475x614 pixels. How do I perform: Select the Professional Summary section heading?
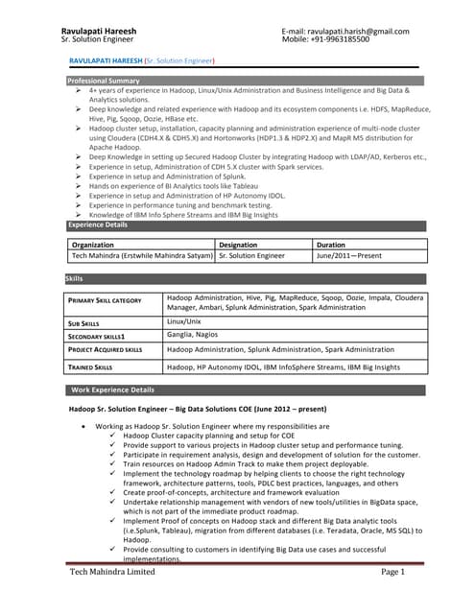104,81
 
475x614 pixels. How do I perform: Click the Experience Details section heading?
97,224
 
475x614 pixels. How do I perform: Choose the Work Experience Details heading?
113,390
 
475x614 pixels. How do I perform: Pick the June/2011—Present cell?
349,256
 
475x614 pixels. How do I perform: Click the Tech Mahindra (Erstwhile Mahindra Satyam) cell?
142,256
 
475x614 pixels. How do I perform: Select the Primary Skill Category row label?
105,301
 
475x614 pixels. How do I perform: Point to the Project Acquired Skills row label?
106,350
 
